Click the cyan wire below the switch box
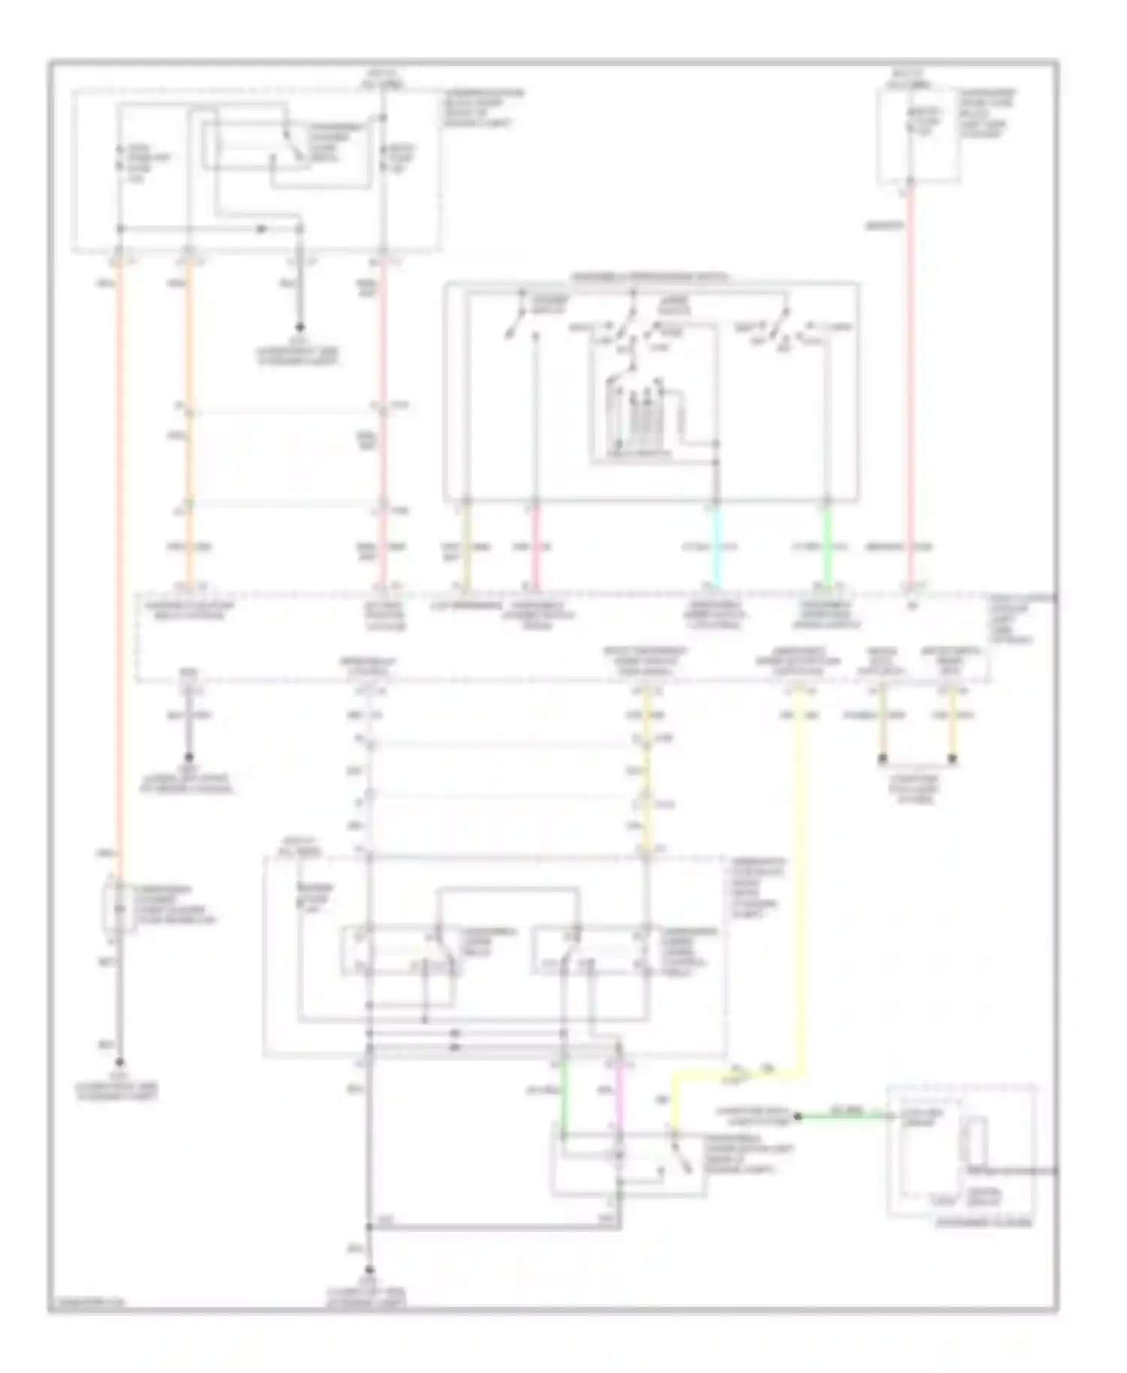pyautogui.click(x=715, y=545)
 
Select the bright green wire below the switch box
pyautogui.click(x=826, y=545)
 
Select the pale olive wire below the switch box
pyautogui.click(x=466, y=545)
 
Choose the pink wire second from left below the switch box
pyautogui.click(x=535, y=545)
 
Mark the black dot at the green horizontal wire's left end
pyautogui.click(x=798, y=1117)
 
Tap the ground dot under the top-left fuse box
pyautogui.click(x=300, y=328)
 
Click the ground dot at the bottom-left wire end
pyautogui.click(x=118, y=1063)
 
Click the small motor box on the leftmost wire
pyautogui.click(x=118, y=907)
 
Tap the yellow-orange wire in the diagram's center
pyautogui.click(x=646, y=789)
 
